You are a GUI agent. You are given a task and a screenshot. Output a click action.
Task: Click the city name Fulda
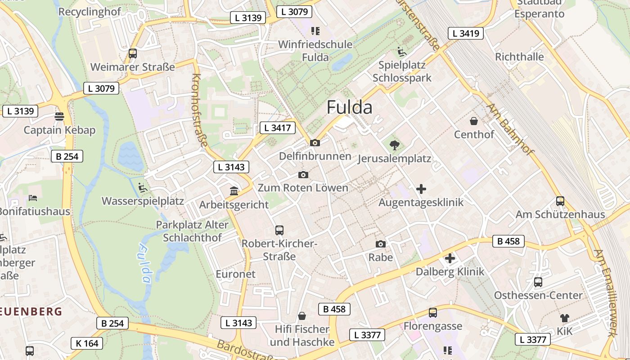349,108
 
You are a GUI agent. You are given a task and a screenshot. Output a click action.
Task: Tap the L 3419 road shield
466,33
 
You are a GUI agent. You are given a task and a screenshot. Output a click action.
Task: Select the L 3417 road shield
278,128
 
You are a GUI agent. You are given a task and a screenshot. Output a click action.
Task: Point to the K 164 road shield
87,343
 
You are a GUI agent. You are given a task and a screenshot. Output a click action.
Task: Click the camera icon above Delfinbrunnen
315,143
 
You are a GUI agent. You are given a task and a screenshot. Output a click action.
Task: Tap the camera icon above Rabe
381,244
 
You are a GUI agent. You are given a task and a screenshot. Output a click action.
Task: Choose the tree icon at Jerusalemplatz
395,145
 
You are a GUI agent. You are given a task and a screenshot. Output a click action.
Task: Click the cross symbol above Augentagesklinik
421,189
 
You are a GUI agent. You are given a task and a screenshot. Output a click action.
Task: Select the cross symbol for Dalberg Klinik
450,258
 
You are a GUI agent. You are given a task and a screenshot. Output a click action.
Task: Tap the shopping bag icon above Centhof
474,121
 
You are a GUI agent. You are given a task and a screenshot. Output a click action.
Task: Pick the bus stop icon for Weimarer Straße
133,53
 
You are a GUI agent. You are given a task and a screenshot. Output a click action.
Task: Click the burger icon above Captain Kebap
59,117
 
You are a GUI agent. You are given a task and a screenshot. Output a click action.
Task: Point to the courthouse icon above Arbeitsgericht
234,191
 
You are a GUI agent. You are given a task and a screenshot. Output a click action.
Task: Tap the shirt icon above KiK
565,318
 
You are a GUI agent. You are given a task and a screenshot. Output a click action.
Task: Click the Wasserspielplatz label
143,201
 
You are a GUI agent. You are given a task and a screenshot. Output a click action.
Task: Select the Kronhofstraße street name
200,110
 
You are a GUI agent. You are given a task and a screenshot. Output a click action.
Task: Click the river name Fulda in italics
145,263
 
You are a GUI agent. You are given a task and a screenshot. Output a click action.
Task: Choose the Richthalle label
519,57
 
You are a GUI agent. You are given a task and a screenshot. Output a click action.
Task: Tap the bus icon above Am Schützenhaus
560,201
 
